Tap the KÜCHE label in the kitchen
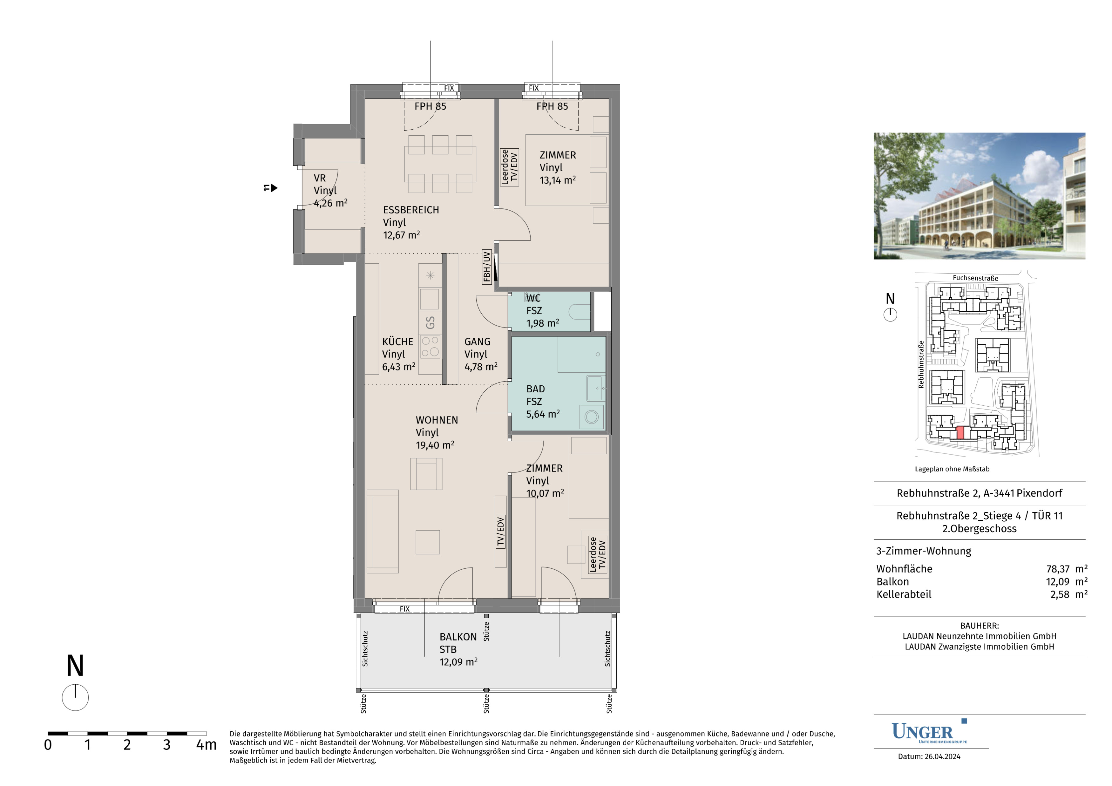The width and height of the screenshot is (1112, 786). pyautogui.click(x=398, y=342)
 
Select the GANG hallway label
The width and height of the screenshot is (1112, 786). pyautogui.click(x=477, y=342)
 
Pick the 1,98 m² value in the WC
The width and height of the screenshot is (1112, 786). pyautogui.click(x=542, y=323)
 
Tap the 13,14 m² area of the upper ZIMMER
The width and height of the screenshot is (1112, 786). pyautogui.click(x=558, y=180)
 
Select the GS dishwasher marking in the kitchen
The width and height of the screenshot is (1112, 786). pyautogui.click(x=430, y=322)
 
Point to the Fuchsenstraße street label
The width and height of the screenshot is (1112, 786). pyautogui.click(x=975, y=278)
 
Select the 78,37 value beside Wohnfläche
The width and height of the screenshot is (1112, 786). pyautogui.click(x=1058, y=569)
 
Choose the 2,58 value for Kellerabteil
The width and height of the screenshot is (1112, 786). pyautogui.click(x=1060, y=594)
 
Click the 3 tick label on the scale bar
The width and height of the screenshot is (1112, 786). pyautogui.click(x=166, y=744)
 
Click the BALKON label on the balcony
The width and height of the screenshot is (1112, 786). pyautogui.click(x=458, y=637)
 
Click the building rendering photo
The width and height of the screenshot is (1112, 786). pyautogui.click(x=979, y=196)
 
